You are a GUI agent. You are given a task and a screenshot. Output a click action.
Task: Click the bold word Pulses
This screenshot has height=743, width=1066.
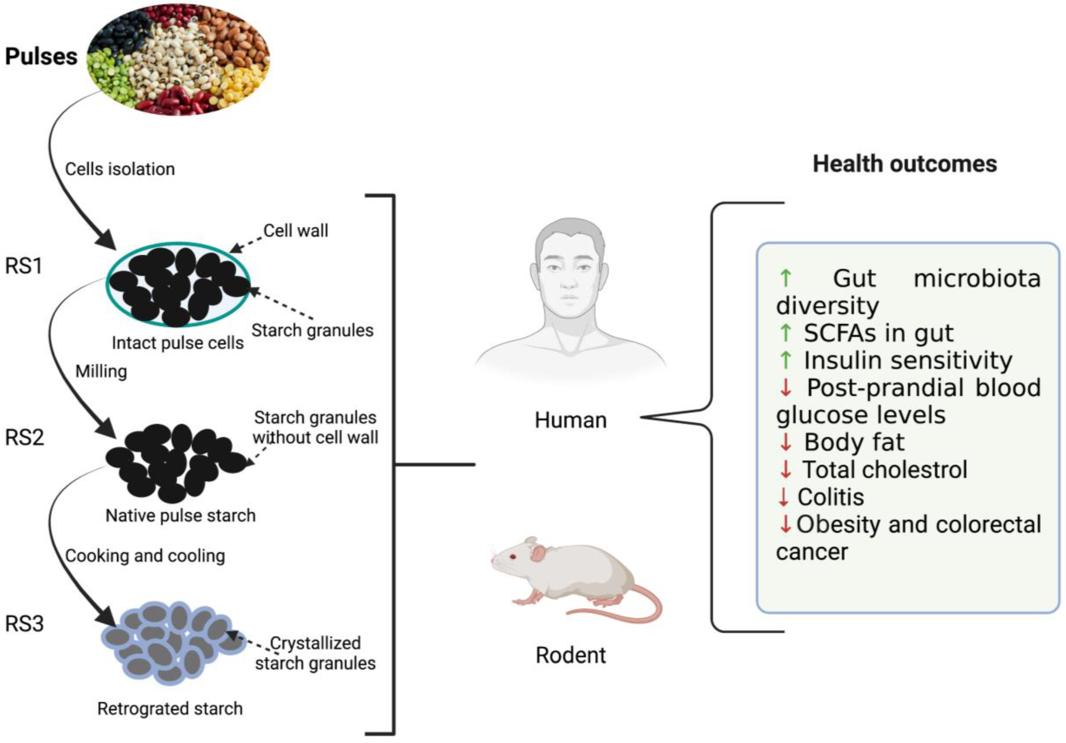click(x=41, y=57)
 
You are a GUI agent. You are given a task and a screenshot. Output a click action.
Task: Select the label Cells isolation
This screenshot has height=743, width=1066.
click(x=120, y=169)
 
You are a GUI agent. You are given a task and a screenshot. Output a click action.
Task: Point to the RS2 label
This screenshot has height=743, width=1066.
click(x=24, y=437)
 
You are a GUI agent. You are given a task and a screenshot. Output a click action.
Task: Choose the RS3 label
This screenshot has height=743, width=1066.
click(x=24, y=624)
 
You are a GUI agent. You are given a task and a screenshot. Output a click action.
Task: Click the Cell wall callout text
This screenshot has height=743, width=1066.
click(x=296, y=230)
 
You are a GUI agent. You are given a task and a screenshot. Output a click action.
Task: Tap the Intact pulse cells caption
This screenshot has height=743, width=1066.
click(x=177, y=343)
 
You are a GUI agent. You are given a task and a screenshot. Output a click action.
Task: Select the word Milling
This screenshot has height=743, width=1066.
click(x=101, y=371)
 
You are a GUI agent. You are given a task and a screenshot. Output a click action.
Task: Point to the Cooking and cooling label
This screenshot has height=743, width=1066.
click(x=145, y=556)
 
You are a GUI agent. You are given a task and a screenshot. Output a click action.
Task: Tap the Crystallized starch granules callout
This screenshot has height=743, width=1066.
click(x=315, y=653)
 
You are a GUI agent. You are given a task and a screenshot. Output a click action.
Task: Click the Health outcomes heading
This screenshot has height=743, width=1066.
click(x=904, y=164)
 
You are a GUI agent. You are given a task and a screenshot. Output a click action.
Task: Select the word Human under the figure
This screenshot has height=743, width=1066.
click(x=571, y=420)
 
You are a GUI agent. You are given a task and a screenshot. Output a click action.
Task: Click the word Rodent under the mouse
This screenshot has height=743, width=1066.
click(x=571, y=655)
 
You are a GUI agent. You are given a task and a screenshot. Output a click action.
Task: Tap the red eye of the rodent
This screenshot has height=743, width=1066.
click(x=513, y=556)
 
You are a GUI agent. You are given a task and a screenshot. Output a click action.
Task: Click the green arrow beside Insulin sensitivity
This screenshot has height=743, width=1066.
click(x=786, y=360)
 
